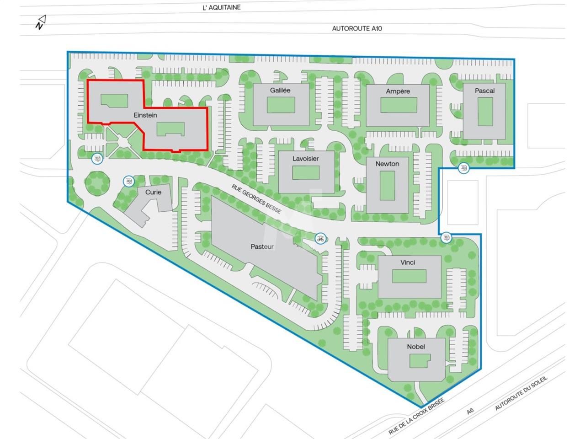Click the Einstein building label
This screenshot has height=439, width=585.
click(145, 115)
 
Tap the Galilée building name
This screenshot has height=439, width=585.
click(280, 90)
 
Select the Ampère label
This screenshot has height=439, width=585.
click(398, 91)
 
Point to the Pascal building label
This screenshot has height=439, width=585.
click(484, 91)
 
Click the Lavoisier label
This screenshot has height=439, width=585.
click(306, 159)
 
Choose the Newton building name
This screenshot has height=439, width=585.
click(387, 164)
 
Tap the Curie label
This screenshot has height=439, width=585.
click(153, 192)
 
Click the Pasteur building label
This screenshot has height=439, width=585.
click(262, 246)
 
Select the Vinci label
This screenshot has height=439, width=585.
click(408, 262)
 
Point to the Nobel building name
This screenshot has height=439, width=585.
click(416, 347)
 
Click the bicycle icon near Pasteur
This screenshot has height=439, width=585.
click(320, 238)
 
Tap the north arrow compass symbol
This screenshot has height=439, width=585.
click(41, 22)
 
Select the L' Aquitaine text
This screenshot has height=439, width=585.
click(221, 7)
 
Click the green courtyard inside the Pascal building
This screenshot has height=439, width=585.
click(484, 112)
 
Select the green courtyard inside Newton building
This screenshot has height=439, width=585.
click(387, 185)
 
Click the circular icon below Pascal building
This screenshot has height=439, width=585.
click(464, 168)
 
